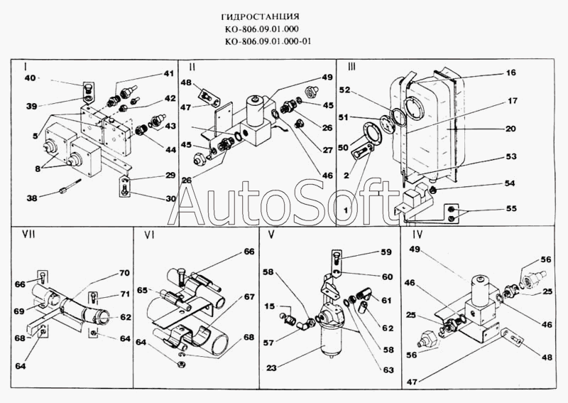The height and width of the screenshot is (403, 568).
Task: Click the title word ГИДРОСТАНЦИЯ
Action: coord(266,15)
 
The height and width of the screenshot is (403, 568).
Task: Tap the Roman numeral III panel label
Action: coord(351,66)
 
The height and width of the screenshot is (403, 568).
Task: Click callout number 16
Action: coord(510,72)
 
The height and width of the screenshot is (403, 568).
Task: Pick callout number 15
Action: coord(271,306)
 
